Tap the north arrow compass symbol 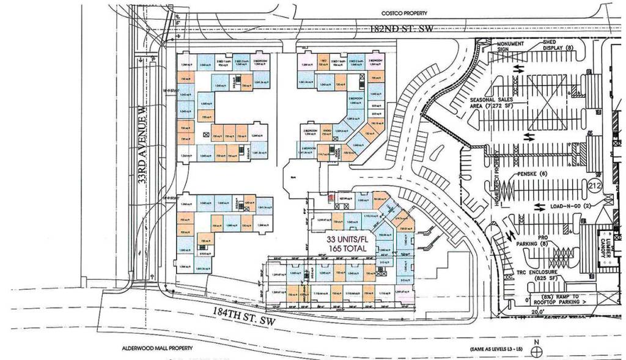pyautogui.click(x=537, y=351)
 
